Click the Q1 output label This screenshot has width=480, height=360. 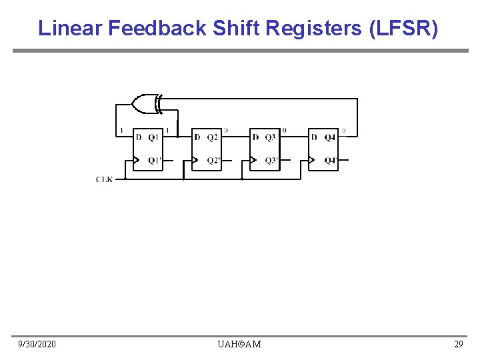[154, 138]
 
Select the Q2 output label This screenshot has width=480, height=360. [212, 138]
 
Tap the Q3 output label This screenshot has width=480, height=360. [270, 138]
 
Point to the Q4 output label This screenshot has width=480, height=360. [330, 138]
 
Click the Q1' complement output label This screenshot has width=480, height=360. [155, 161]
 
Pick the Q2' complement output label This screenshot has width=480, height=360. [213, 161]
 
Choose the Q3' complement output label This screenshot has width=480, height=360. [271, 161]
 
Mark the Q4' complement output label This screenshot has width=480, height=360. [330, 161]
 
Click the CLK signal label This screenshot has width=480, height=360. [104, 179]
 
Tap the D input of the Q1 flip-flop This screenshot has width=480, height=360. [138, 138]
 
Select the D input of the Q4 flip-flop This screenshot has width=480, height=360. [313, 138]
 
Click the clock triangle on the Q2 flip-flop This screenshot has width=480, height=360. [195, 160]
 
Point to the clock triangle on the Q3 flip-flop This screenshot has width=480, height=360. [253, 160]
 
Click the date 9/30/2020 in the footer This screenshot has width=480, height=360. [37, 344]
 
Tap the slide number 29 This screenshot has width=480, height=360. [458, 344]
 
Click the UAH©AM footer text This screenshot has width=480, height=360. [239, 344]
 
